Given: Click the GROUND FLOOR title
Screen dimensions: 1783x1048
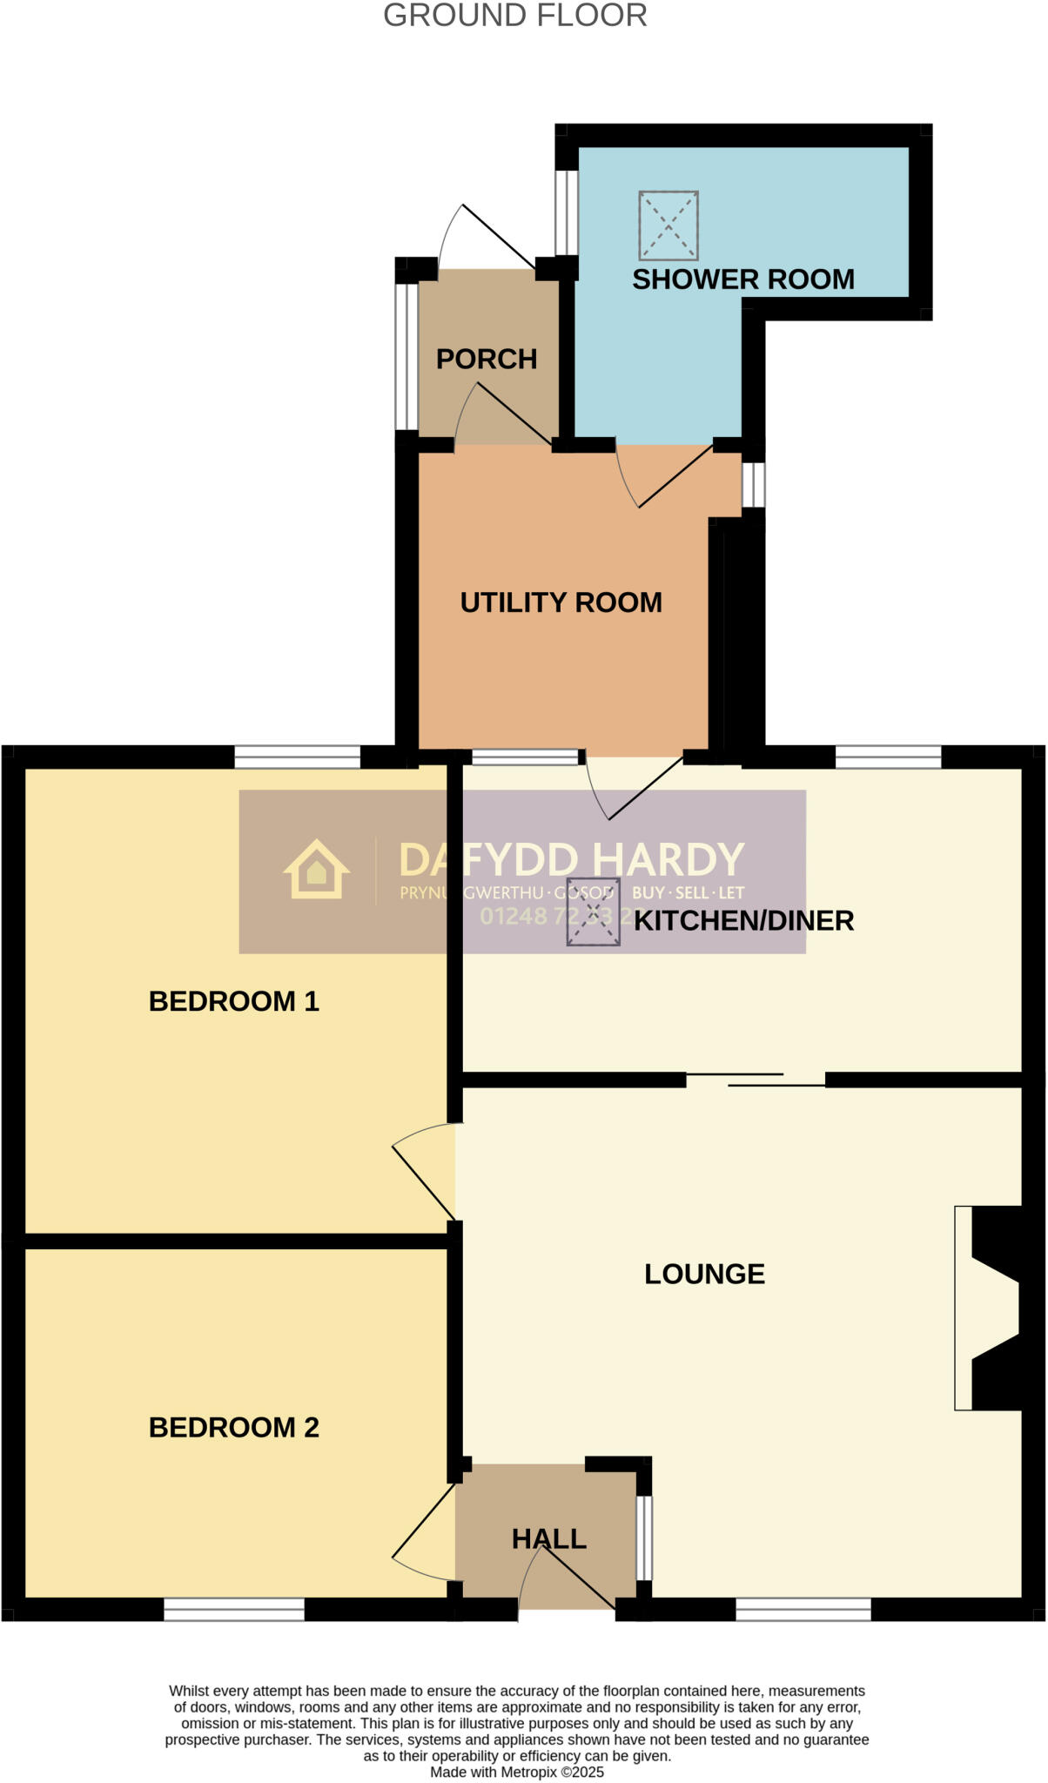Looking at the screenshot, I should click(x=514, y=16).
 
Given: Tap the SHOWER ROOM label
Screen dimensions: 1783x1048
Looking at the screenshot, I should click(x=742, y=279).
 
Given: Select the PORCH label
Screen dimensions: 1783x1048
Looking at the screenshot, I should click(x=486, y=359).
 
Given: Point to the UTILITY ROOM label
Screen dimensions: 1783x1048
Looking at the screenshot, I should click(x=561, y=602).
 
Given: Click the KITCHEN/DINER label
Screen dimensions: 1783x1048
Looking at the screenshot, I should click(x=743, y=920).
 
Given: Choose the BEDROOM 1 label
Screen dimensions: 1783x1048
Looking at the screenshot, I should click(x=233, y=1001).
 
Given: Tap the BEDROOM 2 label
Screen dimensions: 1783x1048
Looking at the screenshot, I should click(x=233, y=1427).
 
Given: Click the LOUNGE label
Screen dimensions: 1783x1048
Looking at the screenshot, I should click(x=704, y=1274).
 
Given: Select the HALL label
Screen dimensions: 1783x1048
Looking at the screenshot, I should click(x=548, y=1538).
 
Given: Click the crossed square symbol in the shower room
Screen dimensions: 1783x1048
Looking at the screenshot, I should click(x=668, y=225).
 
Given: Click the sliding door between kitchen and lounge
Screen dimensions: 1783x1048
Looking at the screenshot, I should click(x=756, y=1080).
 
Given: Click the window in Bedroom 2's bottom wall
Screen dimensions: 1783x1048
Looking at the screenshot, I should click(x=234, y=1609).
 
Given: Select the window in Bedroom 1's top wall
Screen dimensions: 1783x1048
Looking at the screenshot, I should click(x=297, y=757).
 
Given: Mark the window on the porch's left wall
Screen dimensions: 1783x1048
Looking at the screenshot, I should click(x=406, y=356).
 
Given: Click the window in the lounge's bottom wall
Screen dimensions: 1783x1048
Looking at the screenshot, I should click(x=803, y=1609).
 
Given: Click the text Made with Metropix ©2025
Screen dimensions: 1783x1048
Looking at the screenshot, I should click(x=517, y=1772).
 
